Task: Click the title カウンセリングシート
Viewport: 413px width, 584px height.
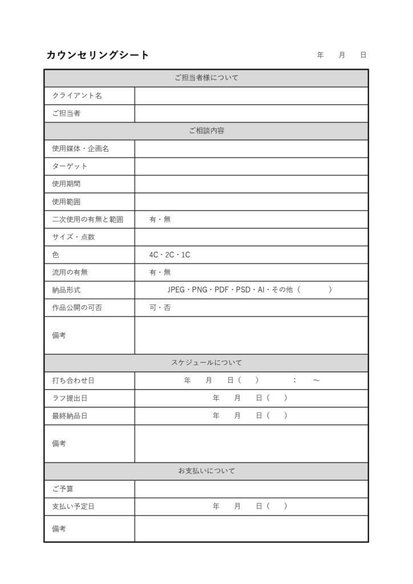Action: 98,55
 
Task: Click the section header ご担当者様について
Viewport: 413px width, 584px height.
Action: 206,78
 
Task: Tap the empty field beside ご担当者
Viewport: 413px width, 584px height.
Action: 251,113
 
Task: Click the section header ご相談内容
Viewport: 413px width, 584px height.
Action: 206,131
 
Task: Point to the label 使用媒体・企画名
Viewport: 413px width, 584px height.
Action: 80,149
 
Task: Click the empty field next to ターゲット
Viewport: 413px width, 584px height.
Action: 251,167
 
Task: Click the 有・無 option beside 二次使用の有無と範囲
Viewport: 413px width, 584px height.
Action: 160,220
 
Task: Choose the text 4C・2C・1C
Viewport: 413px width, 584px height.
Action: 169,255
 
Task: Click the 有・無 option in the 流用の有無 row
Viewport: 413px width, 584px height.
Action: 160,273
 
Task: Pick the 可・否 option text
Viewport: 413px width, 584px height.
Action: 160,308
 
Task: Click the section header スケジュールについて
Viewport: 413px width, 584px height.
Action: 206,363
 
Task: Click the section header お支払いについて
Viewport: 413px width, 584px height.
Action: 206,471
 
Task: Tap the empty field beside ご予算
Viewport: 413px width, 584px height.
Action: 251,489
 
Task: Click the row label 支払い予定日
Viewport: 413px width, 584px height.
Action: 73,506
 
